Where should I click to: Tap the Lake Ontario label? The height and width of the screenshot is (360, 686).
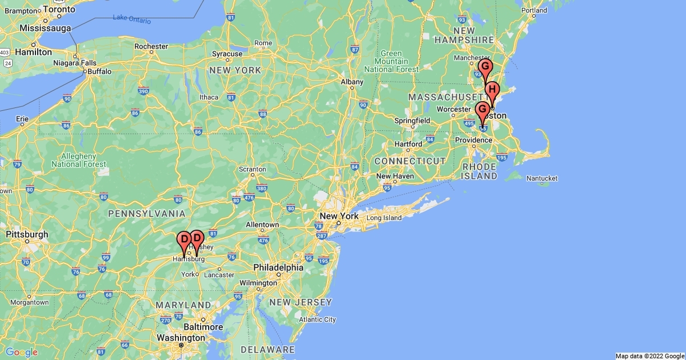[132, 19]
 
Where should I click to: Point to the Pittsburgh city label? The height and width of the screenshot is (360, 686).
[27, 234]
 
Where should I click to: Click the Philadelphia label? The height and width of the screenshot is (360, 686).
[278, 267]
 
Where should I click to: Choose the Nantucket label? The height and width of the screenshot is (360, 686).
[541, 178]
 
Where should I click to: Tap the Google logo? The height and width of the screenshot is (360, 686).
[21, 352]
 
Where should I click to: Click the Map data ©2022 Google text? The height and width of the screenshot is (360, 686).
[649, 356]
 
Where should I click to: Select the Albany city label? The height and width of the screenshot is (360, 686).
[352, 82]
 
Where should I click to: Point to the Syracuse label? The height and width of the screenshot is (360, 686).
[227, 54]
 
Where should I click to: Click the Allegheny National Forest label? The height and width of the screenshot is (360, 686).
[79, 160]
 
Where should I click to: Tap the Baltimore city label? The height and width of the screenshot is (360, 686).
[204, 327]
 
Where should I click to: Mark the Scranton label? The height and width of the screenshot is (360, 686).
[252, 169]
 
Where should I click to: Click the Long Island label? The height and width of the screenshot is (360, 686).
[384, 218]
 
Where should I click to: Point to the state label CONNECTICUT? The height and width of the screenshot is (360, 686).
[410, 161]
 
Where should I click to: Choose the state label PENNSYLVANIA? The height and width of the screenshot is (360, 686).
[146, 214]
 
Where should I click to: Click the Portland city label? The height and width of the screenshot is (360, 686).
[534, 10]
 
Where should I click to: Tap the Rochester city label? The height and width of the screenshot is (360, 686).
[151, 46]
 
